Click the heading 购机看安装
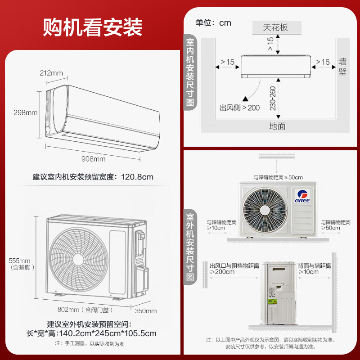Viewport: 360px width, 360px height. coord(93,27)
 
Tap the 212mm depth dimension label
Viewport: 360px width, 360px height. coord(51,73)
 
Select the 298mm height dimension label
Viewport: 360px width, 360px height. coord(25,112)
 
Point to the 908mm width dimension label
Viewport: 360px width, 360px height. coord(93,159)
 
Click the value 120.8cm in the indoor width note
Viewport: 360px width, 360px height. coord(137,177)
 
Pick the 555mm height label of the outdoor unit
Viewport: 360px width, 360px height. coord(19,261)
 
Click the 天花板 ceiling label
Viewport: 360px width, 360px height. coord(275,27)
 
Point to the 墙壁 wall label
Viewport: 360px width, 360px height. coord(342,66)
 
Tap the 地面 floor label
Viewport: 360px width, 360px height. coord(277,126)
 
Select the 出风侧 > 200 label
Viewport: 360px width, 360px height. coord(239,108)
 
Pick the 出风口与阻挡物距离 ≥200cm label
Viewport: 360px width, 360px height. coord(234,269)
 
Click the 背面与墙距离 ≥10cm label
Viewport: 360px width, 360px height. coord(314,269)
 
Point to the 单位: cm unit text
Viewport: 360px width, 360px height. coord(213,22)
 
